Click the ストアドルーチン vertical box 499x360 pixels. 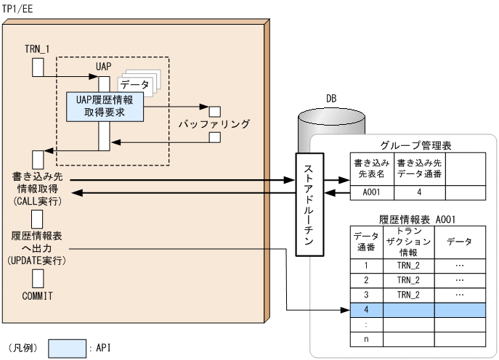[308, 205]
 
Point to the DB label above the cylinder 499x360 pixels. [330, 97]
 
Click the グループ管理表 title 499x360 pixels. [416, 146]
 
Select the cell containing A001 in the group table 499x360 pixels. [369, 193]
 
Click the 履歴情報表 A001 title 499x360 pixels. [416, 216]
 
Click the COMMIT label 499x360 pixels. [38, 296]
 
